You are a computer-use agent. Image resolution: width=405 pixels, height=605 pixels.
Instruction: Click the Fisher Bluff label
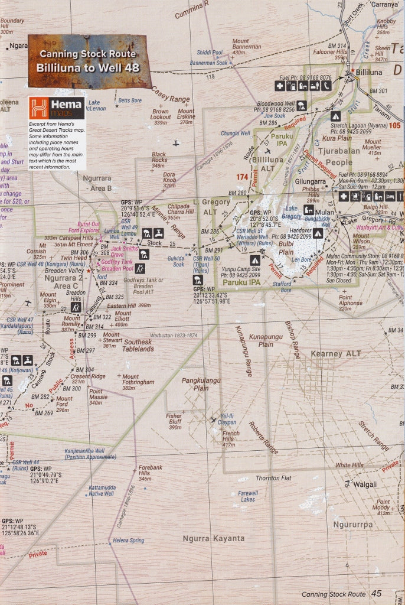pyautogui.click(x=174, y=421)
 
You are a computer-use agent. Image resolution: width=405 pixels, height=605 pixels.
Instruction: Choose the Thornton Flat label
pyautogui.click(x=273, y=478)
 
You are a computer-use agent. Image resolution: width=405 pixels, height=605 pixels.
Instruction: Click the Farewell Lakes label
pyautogui.click(x=248, y=496)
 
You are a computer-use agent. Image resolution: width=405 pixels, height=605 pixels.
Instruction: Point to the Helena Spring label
pyautogui.click(x=128, y=540)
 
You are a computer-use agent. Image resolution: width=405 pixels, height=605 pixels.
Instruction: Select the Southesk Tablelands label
pyautogui.click(x=138, y=345)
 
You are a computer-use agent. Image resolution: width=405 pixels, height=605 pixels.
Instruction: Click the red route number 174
pyautogui.click(x=242, y=177)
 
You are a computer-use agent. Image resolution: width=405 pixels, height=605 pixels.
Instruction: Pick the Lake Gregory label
pyautogui.click(x=292, y=212)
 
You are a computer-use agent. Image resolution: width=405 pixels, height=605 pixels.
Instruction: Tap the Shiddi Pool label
pyautogui.click(x=210, y=52)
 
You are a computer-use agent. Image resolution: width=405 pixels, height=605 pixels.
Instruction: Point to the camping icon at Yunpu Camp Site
pyautogui.click(x=255, y=260)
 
